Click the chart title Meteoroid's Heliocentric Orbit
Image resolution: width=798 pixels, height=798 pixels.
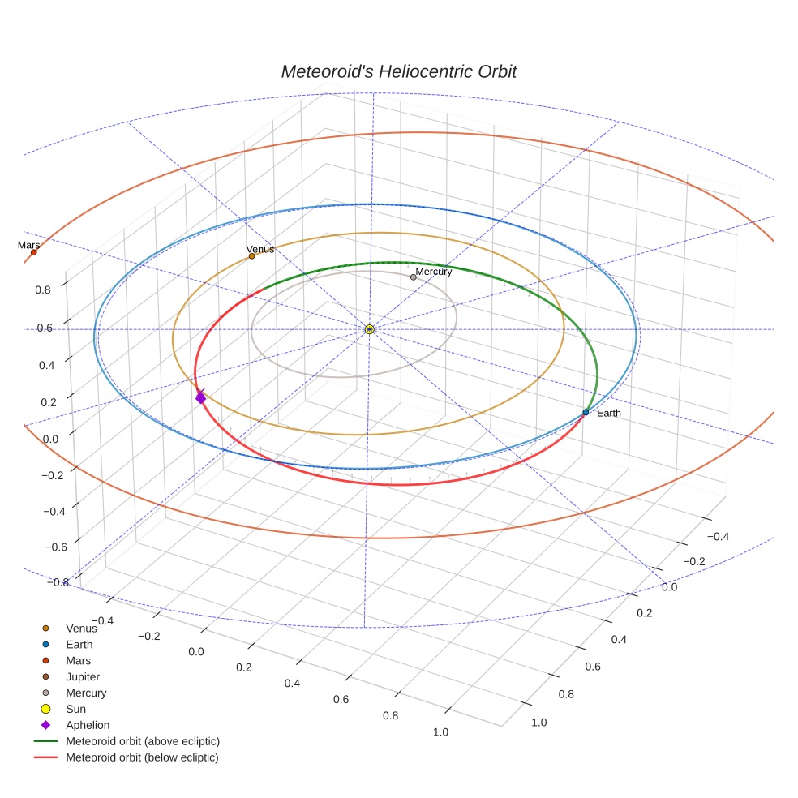(x=398, y=71)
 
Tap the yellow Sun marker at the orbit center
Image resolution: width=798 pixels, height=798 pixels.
(x=369, y=329)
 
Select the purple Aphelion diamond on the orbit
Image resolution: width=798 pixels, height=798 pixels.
(x=200, y=397)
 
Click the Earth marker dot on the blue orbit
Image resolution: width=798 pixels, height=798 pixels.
(x=586, y=413)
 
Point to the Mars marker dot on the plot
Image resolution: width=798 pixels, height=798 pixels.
(x=33, y=252)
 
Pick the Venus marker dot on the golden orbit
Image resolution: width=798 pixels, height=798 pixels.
(x=251, y=256)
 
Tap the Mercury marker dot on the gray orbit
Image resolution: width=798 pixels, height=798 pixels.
(x=413, y=277)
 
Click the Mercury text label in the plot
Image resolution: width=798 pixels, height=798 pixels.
(x=434, y=272)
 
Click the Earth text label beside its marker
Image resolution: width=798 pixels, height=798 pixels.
(x=608, y=414)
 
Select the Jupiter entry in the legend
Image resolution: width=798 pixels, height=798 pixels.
(x=83, y=676)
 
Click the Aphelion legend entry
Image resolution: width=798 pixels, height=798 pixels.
(x=88, y=725)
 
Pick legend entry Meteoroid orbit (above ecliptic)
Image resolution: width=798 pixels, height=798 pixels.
(x=143, y=741)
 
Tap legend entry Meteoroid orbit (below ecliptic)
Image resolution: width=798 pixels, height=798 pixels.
(x=142, y=757)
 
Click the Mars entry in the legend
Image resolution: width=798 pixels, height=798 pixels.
(x=78, y=660)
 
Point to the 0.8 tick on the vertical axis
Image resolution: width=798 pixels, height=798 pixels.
(x=44, y=289)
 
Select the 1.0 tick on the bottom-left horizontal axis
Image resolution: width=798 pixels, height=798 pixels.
(x=441, y=732)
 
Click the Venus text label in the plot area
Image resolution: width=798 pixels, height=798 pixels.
(x=260, y=249)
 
